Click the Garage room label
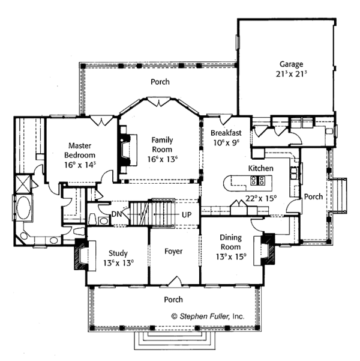coord(291,64)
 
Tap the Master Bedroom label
coord(80,150)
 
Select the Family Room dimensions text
coord(163,159)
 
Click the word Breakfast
coord(226,133)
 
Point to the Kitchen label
coord(261,168)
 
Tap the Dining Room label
coord(231,242)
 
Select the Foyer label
coord(173,251)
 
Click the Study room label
coord(118,253)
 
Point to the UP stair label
coord(187,215)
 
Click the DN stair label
coord(116,214)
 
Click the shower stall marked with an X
coord(23,184)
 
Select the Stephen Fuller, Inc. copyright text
coord(208,317)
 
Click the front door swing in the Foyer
coord(176,281)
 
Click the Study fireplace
coord(84,255)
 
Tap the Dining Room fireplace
coord(265,250)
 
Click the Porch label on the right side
coord(313,196)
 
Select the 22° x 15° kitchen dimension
coord(261,198)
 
